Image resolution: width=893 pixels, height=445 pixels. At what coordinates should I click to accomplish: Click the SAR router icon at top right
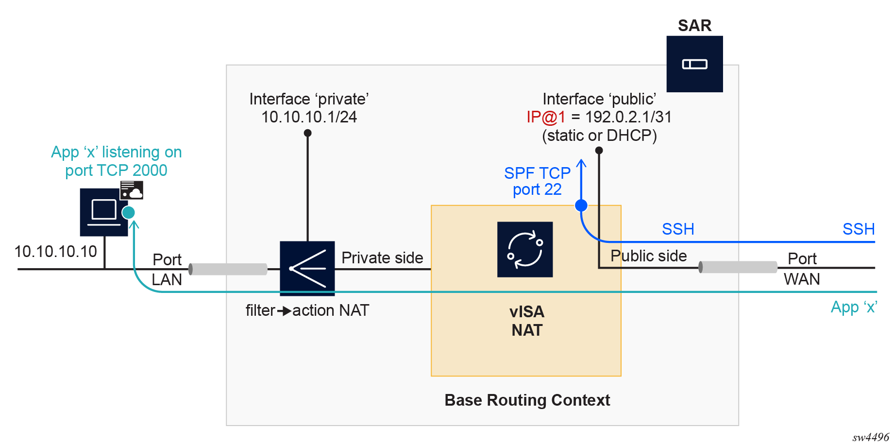click(694, 64)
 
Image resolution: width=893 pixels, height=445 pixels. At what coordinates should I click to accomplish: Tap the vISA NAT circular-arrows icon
click(525, 249)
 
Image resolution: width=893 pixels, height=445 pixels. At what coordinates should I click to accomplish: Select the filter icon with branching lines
click(307, 268)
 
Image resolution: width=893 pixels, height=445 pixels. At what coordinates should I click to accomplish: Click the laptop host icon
click(104, 212)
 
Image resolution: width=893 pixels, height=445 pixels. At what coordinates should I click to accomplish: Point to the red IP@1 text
click(546, 117)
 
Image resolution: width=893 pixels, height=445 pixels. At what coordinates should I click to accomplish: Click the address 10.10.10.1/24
click(309, 117)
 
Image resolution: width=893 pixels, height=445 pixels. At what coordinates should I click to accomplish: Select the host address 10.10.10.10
click(56, 251)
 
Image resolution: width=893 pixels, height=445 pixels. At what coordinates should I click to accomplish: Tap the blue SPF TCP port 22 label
click(537, 181)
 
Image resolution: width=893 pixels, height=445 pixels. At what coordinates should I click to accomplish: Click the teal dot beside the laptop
click(128, 212)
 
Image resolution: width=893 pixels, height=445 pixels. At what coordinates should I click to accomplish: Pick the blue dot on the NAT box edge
click(581, 205)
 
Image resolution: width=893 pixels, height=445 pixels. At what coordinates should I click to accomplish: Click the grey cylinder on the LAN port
click(228, 269)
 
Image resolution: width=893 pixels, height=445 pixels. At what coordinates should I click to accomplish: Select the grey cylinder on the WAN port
click(738, 267)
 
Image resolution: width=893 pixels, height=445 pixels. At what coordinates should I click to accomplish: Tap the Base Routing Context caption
click(527, 400)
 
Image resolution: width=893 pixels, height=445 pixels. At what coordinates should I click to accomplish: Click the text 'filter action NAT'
click(307, 310)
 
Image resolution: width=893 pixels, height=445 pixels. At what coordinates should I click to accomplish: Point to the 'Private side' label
click(382, 257)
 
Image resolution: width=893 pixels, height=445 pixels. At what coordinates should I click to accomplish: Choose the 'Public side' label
click(648, 256)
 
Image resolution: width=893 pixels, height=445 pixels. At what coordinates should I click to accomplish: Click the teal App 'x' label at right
click(853, 307)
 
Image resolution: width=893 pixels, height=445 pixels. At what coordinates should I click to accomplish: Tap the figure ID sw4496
click(870, 437)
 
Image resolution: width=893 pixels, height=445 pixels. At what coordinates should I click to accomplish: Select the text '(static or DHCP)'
click(599, 136)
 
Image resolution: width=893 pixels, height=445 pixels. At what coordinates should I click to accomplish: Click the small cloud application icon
click(132, 190)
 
